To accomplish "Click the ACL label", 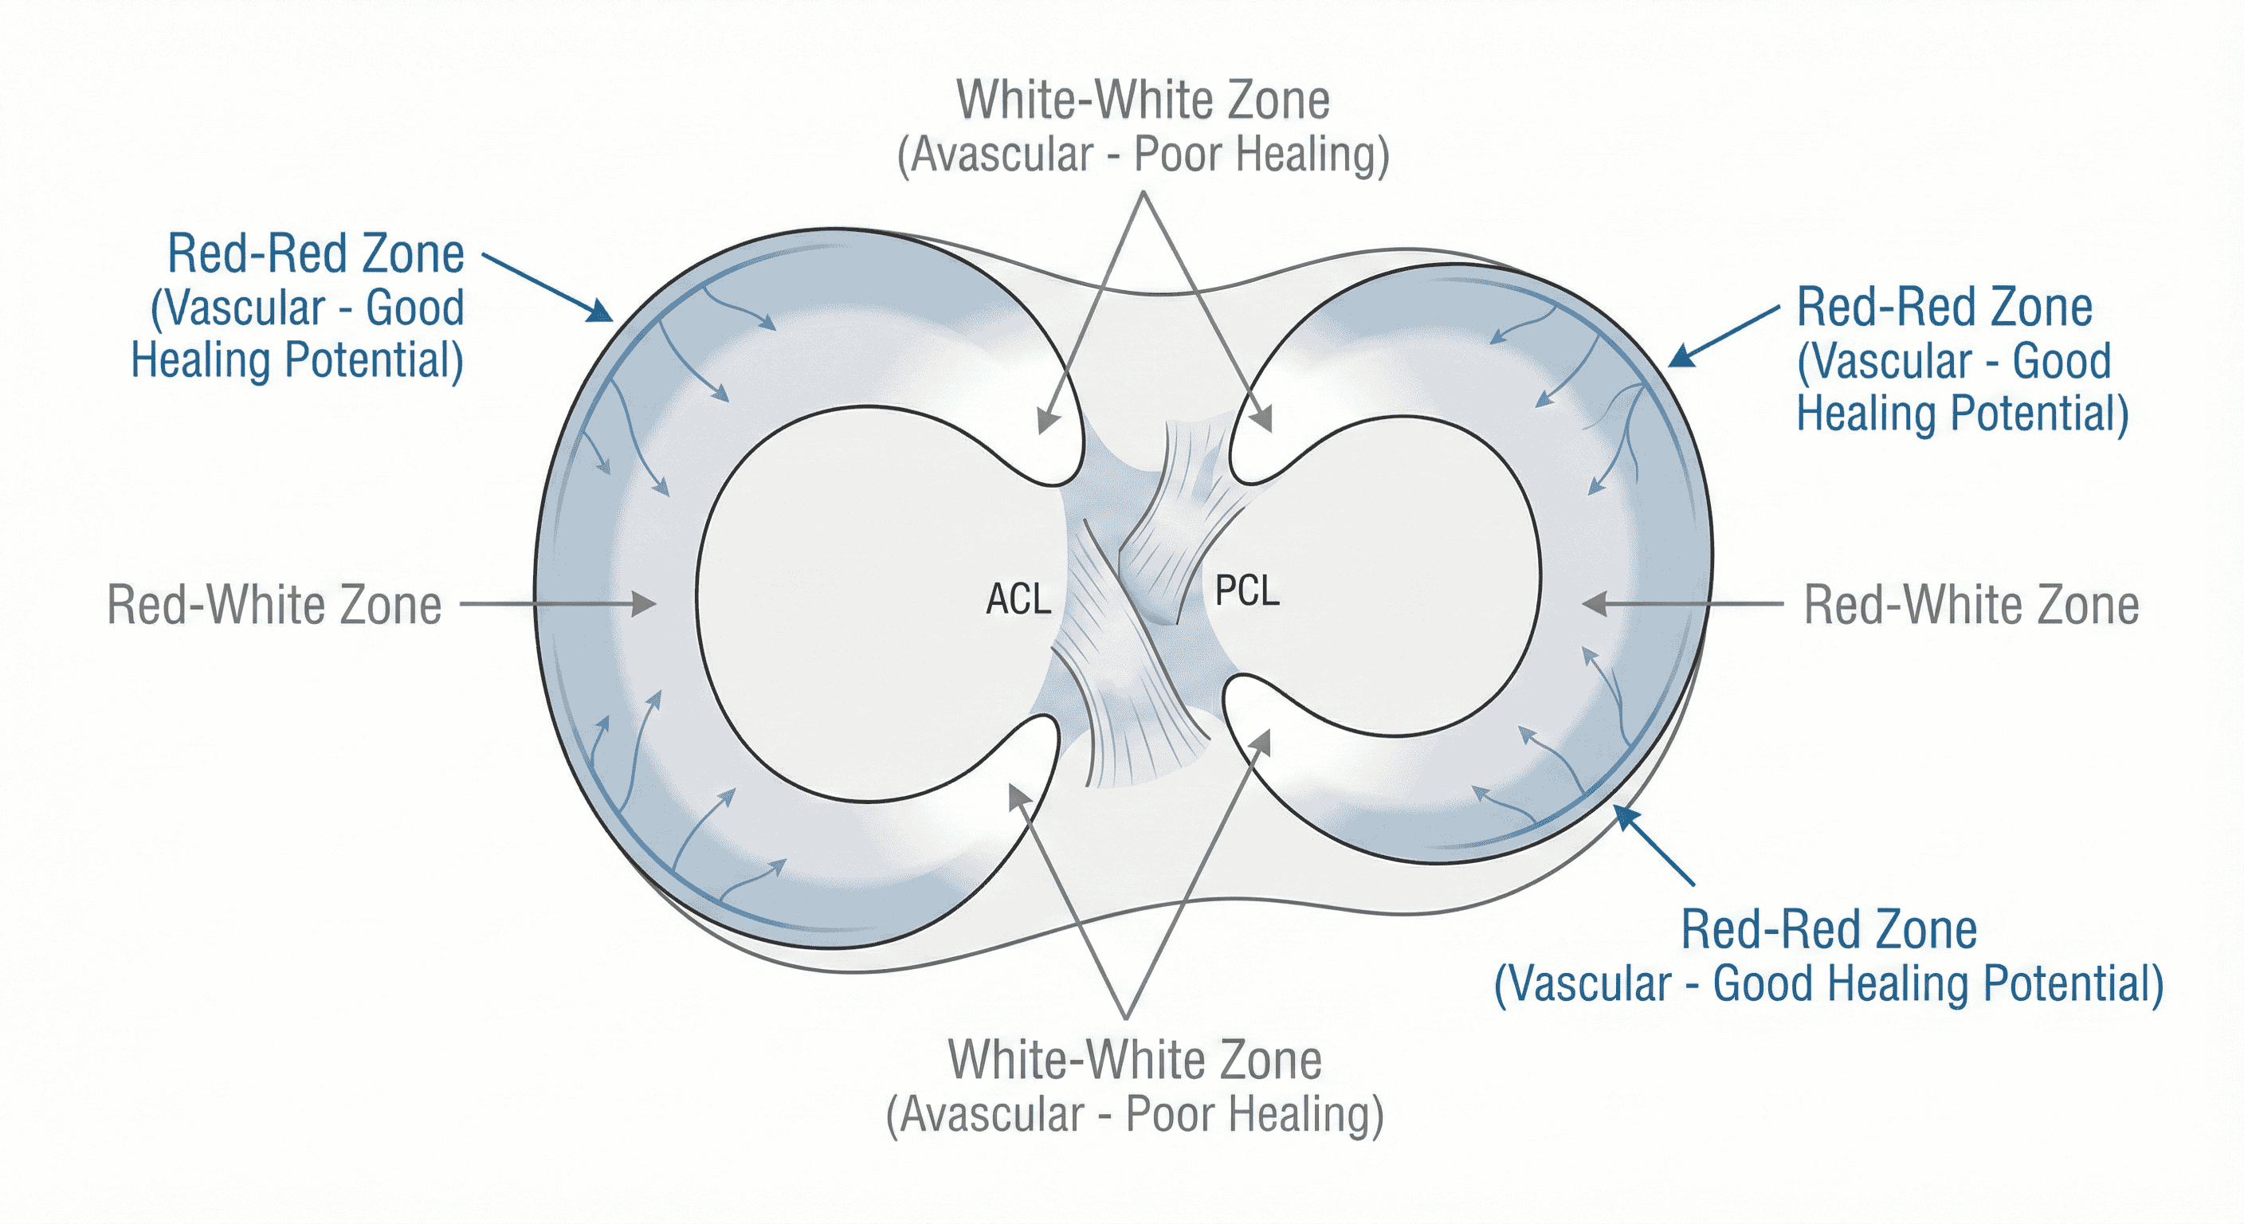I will pyautogui.click(x=1018, y=599).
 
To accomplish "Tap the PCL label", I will pyautogui.click(x=1246, y=591).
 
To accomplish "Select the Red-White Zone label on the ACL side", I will pyautogui.click(x=273, y=605).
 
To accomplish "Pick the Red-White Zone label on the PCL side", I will pyautogui.click(x=1971, y=605).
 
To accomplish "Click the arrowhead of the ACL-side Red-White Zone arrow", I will pyautogui.click(x=645, y=603).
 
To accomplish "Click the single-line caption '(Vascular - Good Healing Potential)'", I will pyautogui.click(x=1829, y=983).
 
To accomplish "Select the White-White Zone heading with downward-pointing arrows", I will pyautogui.click(x=1143, y=100).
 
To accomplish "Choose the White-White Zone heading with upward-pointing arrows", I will pyautogui.click(x=1134, y=1059).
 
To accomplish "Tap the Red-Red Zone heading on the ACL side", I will pyautogui.click(x=316, y=253).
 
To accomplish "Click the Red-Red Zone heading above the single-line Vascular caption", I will pyautogui.click(x=1829, y=929).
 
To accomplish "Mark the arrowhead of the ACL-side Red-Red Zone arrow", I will pyautogui.click(x=602, y=312).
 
